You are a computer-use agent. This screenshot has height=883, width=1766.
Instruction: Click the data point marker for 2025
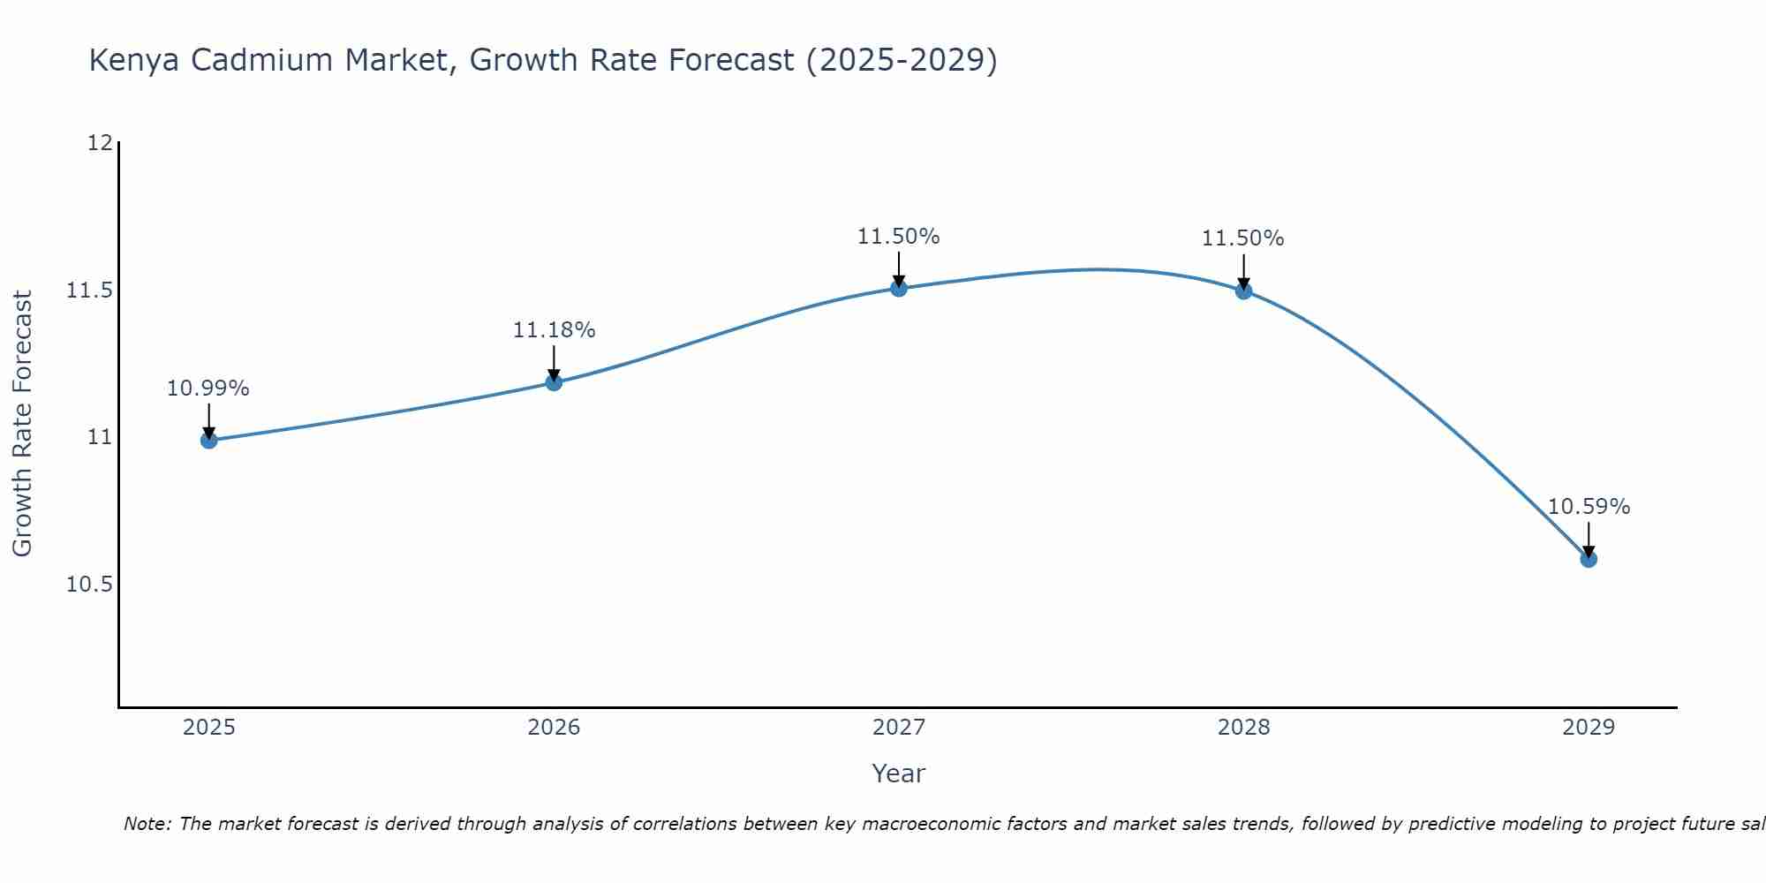[209, 440]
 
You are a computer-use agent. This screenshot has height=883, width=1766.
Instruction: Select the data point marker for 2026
[554, 382]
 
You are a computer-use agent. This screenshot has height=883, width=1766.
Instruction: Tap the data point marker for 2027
[899, 288]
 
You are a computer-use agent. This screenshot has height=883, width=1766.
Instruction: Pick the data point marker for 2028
[1243, 291]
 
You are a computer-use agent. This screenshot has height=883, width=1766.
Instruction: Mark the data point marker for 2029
[1589, 559]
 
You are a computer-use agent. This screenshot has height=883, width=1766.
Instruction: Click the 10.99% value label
[208, 389]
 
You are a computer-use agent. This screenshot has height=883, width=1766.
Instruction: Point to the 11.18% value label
[554, 330]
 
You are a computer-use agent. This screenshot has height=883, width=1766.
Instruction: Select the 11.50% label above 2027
[898, 237]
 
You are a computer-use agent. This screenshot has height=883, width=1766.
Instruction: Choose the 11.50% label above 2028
[1242, 238]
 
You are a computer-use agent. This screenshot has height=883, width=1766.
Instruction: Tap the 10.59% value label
[1589, 507]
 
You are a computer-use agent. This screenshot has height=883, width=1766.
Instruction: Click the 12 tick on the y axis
[100, 143]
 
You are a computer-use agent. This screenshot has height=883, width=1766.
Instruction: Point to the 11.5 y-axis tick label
[90, 291]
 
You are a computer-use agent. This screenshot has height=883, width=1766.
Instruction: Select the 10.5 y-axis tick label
[90, 585]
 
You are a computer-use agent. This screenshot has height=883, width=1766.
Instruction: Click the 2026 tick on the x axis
[554, 728]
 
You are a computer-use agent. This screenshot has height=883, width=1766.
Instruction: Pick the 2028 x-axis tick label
[1243, 728]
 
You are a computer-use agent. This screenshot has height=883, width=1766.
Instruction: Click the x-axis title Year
[898, 774]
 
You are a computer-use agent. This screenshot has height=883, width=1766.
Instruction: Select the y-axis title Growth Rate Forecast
[22, 424]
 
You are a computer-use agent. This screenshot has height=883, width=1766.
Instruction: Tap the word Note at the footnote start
[147, 824]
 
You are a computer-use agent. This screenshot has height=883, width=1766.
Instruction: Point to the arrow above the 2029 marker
[1589, 539]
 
